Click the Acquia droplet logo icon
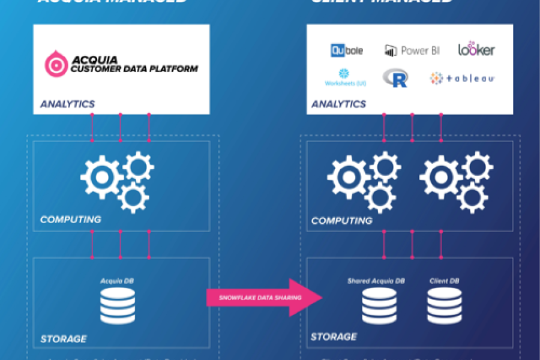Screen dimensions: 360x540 coord(57,64)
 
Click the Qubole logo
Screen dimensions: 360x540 coord(347,50)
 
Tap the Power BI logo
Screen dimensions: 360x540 coord(412,50)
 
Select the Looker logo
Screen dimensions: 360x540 coord(476,49)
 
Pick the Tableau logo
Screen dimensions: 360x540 coord(462,78)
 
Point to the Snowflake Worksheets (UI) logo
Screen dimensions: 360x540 coord(345,77)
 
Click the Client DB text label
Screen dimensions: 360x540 coord(444,280)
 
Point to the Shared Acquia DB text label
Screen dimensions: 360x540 coord(376,280)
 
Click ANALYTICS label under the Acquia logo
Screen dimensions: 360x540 coord(68,104)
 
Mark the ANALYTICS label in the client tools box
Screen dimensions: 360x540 coord(338,104)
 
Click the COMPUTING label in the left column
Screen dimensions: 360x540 coord(71,220)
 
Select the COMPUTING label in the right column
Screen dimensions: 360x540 coord(342,221)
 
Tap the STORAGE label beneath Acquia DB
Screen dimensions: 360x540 coord(63,339)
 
